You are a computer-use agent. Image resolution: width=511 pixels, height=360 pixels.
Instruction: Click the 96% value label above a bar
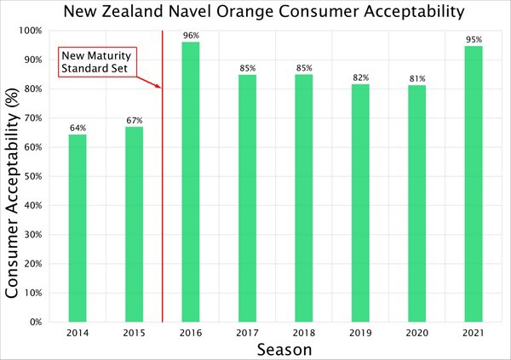point(191,35)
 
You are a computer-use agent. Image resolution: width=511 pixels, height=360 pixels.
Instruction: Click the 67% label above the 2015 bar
point(135,120)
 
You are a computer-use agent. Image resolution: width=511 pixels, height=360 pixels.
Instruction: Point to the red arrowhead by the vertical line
point(158,86)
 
